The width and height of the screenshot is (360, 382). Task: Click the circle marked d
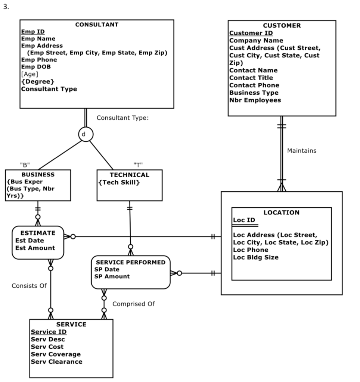(x=86, y=134)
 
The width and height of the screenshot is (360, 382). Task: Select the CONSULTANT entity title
(x=97, y=25)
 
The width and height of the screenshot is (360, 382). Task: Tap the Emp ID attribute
(x=33, y=32)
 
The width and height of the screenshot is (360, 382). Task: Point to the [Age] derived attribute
(x=30, y=74)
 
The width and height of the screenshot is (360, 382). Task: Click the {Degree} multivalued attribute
(x=38, y=81)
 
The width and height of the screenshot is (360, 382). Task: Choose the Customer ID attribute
(x=251, y=33)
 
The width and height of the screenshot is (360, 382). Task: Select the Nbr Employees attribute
(x=255, y=100)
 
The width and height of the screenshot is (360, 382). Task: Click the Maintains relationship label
(x=302, y=151)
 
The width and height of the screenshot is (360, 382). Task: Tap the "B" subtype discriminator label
(x=25, y=165)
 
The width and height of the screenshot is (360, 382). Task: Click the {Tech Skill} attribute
(x=119, y=182)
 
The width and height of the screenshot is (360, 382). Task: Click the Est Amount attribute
(x=35, y=248)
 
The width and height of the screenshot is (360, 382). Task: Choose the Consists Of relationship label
(x=29, y=286)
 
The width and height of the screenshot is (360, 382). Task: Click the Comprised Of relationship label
(x=133, y=304)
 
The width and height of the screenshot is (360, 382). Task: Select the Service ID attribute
(x=49, y=332)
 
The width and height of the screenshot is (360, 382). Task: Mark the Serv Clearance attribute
(x=56, y=361)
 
